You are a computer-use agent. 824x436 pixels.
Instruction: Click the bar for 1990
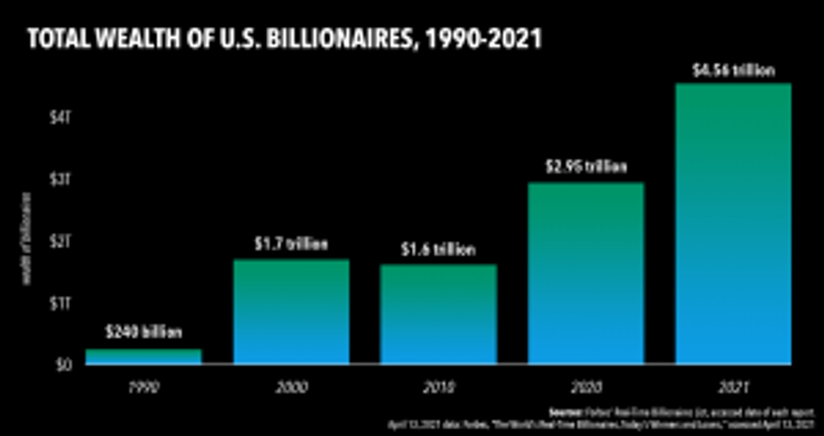point(144,356)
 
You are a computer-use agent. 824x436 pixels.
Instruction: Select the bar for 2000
point(291,311)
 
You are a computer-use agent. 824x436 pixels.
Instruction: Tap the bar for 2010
point(438,314)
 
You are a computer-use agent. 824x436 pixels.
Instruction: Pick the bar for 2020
point(585,273)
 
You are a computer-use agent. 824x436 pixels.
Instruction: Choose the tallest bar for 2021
point(732,223)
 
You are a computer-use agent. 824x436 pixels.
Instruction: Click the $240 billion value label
point(144,333)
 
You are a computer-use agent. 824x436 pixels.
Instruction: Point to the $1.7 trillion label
point(291,244)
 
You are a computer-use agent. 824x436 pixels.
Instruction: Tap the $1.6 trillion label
point(438,250)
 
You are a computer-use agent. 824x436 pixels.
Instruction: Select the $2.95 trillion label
point(585,167)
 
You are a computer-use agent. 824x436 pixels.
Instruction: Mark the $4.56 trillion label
point(732,70)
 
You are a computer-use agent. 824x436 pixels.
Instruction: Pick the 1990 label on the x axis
point(144,387)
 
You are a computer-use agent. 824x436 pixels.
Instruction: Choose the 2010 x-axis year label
point(438,387)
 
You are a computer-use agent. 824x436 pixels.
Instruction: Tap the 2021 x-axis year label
point(732,387)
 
